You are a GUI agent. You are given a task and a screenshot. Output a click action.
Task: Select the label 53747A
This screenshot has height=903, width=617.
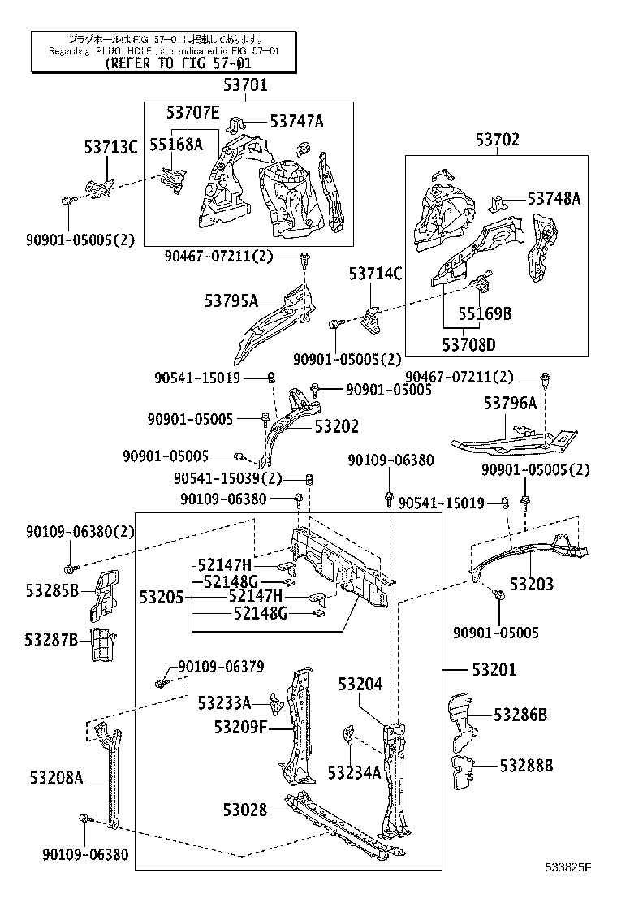pos(296,122)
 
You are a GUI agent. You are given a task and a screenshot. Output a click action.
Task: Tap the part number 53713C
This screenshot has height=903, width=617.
pos(111,147)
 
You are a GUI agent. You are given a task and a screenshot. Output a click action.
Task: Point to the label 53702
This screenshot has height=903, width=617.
pos(497,140)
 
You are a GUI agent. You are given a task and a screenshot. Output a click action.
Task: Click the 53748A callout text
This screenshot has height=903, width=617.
pos(554,198)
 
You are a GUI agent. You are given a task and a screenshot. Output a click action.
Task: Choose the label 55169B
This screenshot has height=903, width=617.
pos(484,313)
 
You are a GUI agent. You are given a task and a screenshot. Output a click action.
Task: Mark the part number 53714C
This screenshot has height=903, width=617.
pos(375,274)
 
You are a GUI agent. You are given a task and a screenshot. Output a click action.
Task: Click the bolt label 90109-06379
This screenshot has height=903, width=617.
pos(221,667)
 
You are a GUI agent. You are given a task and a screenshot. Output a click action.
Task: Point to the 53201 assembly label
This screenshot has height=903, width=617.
pos(493,669)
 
